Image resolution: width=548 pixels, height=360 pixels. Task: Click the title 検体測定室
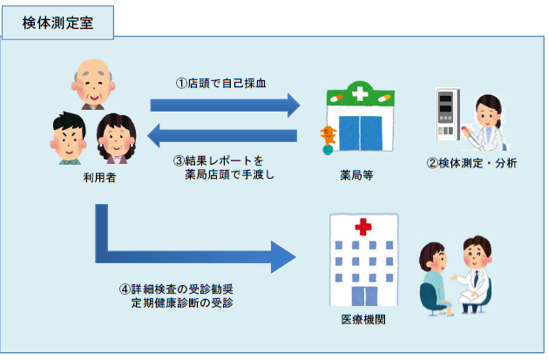click(x=58, y=24)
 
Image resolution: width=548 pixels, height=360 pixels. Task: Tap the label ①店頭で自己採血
click(x=221, y=84)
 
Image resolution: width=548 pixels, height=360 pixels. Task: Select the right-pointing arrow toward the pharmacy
click(x=225, y=105)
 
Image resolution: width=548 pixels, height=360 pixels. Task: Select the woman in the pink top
click(x=117, y=139)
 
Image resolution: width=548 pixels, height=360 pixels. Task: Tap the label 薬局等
click(x=357, y=174)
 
